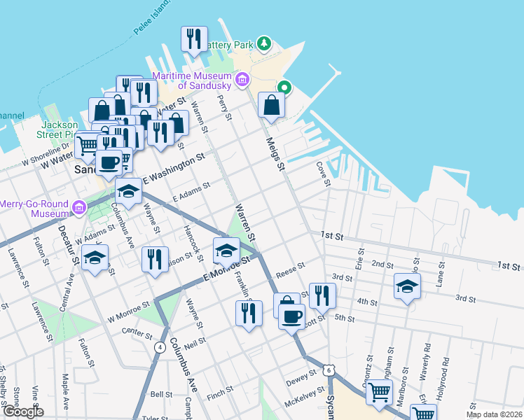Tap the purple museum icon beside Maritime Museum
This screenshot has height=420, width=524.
click(242, 79)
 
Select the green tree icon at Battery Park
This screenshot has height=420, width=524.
click(264, 44)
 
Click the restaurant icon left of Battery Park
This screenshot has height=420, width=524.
click(194, 39)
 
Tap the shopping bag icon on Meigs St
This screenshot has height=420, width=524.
click(271, 105)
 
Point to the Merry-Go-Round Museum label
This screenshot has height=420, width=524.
click(34, 208)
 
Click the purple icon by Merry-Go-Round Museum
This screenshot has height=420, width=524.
click(78, 207)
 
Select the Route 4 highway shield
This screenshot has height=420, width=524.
click(160, 346)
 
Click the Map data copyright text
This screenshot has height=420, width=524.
click(493, 414)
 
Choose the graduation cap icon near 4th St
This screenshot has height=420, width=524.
click(407, 286)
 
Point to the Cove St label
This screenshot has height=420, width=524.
click(323, 174)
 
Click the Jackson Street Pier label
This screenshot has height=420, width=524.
click(59, 129)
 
